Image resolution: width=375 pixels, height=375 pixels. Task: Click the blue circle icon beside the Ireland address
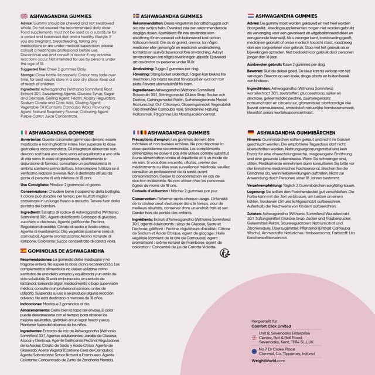click(253, 351)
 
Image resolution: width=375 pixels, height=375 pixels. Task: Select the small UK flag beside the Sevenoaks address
click(253, 337)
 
